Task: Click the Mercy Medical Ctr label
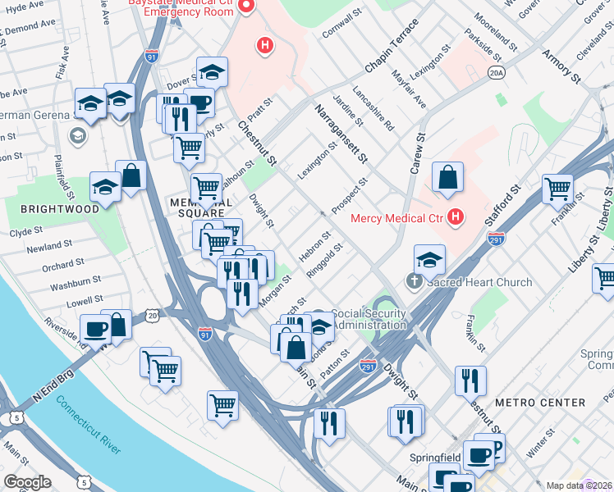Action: click(x=396, y=218)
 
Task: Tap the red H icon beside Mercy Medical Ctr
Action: click(x=456, y=218)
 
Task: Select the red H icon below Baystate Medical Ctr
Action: click(x=264, y=46)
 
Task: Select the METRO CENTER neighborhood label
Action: click(x=541, y=403)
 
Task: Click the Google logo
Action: click(x=28, y=481)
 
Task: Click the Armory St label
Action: click(x=561, y=66)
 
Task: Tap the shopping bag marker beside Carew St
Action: click(x=447, y=178)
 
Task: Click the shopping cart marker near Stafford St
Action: click(x=557, y=189)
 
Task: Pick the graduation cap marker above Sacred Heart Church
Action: click(x=429, y=259)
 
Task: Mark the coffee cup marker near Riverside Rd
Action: click(x=94, y=330)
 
